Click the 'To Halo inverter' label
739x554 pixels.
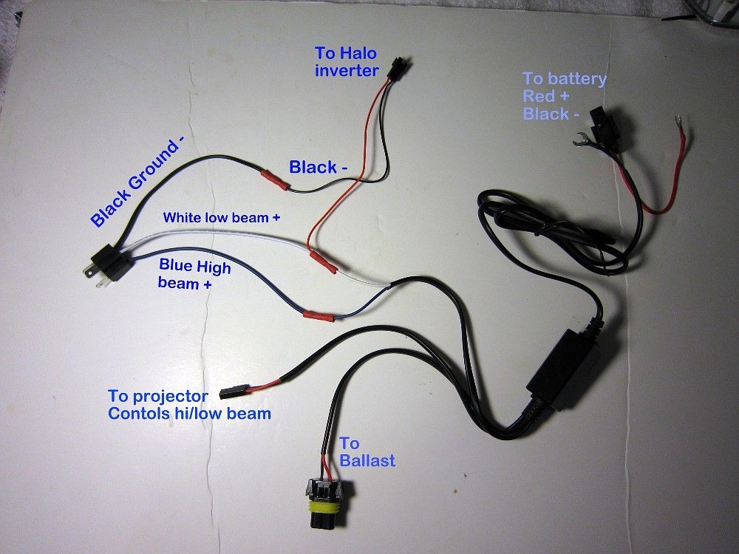pos(347,62)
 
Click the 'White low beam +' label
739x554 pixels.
pos(222,218)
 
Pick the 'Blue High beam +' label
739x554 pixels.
pos(194,274)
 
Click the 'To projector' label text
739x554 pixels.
pos(157,396)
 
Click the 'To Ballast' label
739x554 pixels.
pos(367,452)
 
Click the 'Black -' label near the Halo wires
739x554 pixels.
pos(319,168)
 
